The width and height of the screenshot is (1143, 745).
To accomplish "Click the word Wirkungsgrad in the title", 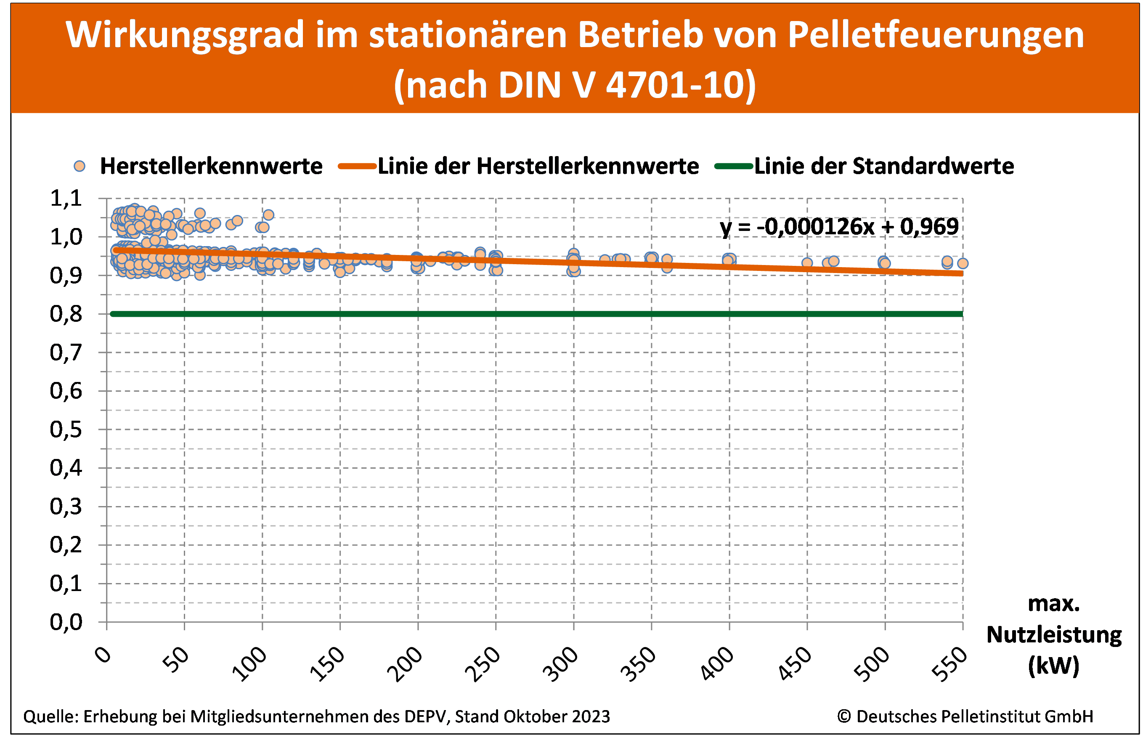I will (185, 35).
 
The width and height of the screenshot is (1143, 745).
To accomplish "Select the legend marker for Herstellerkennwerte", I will (80, 166).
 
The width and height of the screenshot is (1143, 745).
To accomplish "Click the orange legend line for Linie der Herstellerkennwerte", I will (357, 166).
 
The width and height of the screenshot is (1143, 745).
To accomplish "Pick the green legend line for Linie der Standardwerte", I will (733, 166).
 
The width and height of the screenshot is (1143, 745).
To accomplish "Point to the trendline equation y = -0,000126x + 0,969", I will (839, 227).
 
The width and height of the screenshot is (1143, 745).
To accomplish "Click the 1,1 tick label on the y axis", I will (66, 199).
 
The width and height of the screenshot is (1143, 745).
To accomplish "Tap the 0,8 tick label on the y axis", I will (66, 314).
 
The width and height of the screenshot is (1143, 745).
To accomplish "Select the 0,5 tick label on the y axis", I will (66, 430).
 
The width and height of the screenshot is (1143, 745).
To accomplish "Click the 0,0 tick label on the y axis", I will (66, 622).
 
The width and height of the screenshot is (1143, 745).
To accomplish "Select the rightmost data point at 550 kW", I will (963, 263).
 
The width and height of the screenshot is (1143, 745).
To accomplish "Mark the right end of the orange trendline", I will (961, 273).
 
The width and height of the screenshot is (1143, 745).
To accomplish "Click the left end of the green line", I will (112, 314).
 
